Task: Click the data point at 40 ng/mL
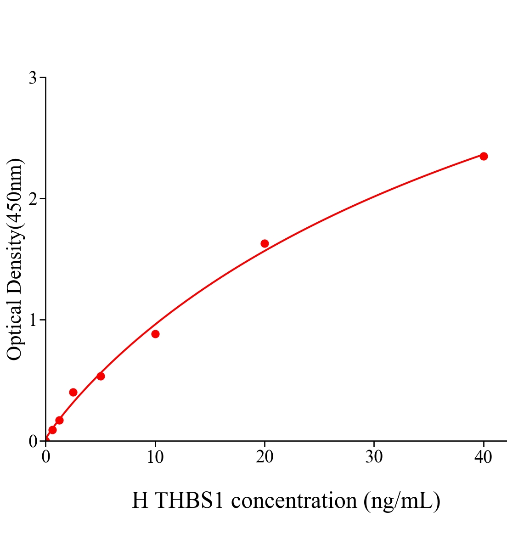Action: point(484,156)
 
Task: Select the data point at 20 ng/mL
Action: point(265,243)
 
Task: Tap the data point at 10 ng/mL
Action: point(155,334)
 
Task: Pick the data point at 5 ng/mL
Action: point(101,376)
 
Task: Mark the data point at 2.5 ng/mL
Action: point(73,392)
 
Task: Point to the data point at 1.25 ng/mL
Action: point(59,420)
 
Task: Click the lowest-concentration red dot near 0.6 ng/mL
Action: point(52,430)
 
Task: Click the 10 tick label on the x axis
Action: point(155,457)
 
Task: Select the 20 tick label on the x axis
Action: point(265,457)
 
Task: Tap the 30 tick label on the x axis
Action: point(374,457)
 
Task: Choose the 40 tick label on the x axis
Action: point(484,457)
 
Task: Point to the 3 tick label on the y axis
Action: point(33,78)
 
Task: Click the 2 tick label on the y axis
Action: point(33,199)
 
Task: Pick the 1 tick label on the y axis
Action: point(33,320)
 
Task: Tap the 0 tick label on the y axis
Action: point(33,441)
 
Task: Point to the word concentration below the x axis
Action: point(294,500)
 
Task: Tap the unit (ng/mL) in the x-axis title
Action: point(402,500)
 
